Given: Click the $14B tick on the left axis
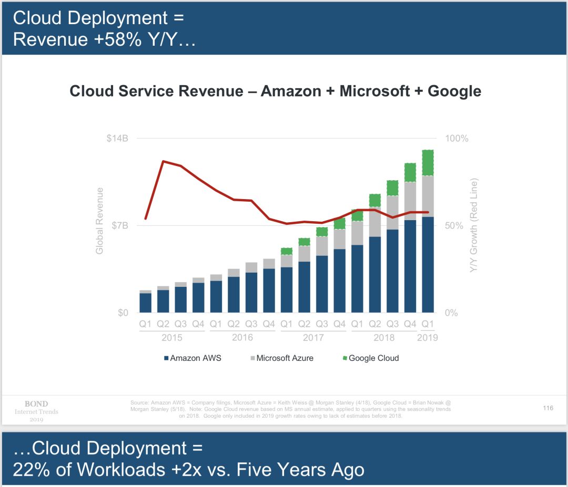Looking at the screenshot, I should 117,139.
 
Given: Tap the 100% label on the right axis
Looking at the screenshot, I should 457,139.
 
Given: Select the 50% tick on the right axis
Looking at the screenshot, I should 454,226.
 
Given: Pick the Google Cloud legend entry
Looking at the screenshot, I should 371,358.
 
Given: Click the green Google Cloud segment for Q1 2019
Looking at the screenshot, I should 428,163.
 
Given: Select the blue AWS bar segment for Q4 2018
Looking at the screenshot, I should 410,266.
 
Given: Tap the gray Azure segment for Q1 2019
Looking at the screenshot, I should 428,196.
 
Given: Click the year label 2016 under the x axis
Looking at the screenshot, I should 242,338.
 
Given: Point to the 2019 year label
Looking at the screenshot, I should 428,338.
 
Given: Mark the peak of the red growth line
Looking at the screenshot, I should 164,161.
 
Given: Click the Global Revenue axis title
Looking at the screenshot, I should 100,221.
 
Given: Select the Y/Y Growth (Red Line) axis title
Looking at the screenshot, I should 474,225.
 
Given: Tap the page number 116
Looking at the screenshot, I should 548,408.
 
